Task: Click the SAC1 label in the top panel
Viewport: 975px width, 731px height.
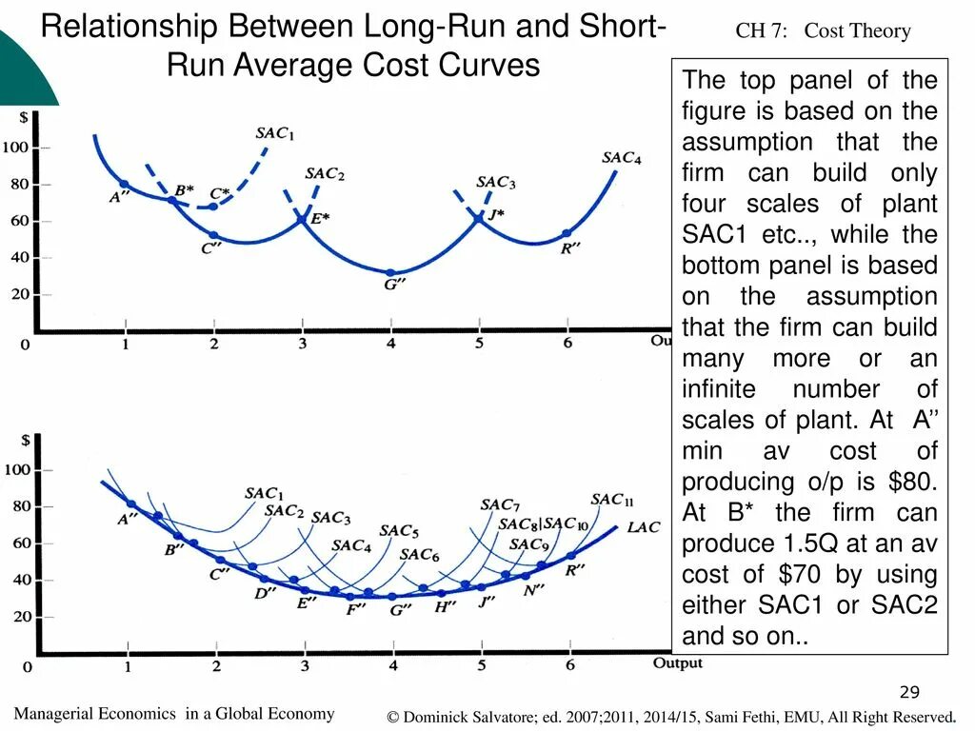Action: [274, 134]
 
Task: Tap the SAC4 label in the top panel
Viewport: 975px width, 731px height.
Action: [621, 158]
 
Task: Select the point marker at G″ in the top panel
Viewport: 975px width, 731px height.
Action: [390, 273]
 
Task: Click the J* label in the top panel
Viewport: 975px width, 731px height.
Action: [497, 214]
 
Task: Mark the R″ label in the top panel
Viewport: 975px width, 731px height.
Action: [570, 248]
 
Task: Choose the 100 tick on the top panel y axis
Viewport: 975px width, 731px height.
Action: [15, 148]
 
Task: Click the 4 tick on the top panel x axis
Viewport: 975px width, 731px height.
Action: [390, 343]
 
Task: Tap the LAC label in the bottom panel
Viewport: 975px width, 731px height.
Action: [643, 527]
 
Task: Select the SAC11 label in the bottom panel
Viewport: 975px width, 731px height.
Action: [611, 500]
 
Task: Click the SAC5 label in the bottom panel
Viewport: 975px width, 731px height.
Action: [399, 531]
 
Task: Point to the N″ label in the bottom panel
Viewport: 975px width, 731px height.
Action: [535, 590]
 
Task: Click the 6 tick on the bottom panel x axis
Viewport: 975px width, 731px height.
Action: [569, 665]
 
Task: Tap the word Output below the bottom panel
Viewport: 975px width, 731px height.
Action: [677, 662]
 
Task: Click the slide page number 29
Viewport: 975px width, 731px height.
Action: [909, 692]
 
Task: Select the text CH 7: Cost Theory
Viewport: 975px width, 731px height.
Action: [823, 31]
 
